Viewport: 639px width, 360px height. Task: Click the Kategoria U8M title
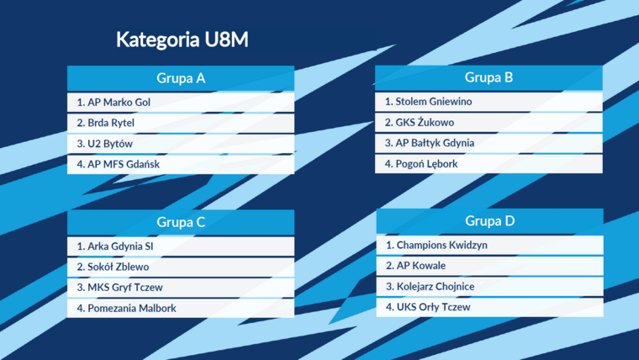click(182, 40)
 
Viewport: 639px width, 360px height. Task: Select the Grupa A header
click(181, 78)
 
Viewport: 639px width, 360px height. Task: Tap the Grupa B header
click(488, 77)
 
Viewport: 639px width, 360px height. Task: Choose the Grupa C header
click(181, 222)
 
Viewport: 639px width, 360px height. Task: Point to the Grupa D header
click(490, 221)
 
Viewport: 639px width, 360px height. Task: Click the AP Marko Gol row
click(181, 103)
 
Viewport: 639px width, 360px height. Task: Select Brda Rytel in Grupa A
click(181, 123)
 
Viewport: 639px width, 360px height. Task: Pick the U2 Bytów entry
click(181, 144)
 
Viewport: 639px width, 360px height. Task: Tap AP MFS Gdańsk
click(181, 164)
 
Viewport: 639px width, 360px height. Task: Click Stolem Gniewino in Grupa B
click(488, 102)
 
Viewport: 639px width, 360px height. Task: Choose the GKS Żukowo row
click(488, 122)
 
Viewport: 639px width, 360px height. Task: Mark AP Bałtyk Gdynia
click(488, 143)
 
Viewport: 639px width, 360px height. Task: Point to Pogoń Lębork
click(488, 164)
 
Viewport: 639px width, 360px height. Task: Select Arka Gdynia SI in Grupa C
click(181, 246)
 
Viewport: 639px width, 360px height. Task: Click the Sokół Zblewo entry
click(181, 267)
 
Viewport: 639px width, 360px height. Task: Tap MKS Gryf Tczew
click(181, 288)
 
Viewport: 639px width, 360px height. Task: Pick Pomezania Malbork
click(181, 308)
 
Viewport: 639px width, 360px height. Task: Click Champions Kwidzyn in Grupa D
click(490, 245)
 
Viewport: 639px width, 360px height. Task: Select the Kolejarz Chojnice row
click(490, 287)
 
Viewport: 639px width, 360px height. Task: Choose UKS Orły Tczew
click(490, 307)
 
